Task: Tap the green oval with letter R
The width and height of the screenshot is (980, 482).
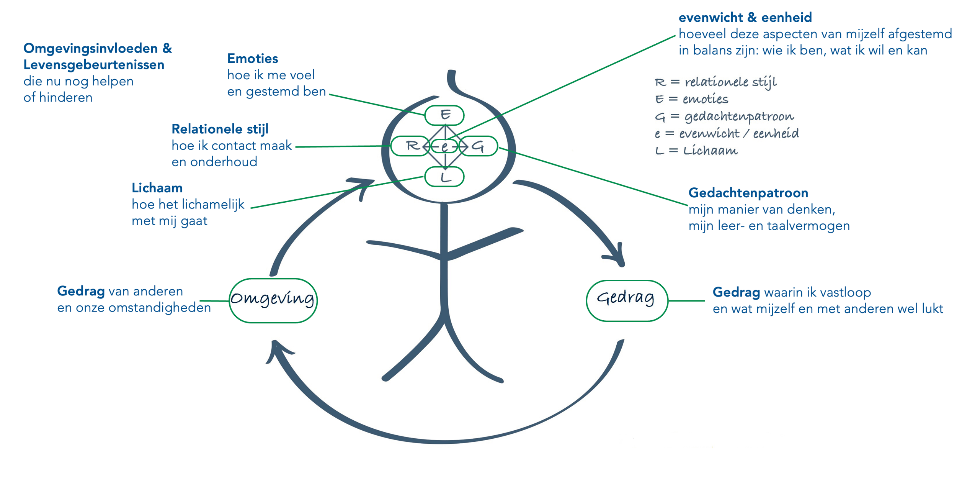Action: click(410, 146)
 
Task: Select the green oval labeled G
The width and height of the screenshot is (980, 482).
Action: click(479, 146)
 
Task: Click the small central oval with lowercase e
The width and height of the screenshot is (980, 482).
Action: click(444, 146)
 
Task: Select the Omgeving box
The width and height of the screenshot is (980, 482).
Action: click(273, 300)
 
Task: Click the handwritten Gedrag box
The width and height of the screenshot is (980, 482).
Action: click(627, 300)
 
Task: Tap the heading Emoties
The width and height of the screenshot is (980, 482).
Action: click(253, 59)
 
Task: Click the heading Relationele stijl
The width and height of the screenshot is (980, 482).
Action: click(220, 129)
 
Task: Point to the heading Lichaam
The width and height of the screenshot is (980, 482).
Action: click(157, 188)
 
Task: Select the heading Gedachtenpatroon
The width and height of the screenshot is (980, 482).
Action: click(748, 193)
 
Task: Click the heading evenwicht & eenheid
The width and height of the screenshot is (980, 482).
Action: click(745, 18)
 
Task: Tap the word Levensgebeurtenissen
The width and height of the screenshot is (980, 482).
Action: click(94, 65)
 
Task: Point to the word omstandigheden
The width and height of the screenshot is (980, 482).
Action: click(160, 308)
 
